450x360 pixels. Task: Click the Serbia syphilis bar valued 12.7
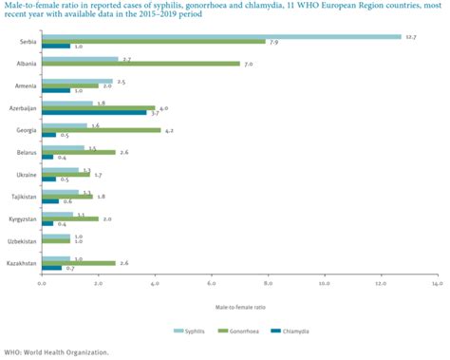[x=220, y=37]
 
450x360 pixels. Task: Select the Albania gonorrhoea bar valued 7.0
[x=141, y=64]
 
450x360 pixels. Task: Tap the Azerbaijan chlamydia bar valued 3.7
[x=93, y=112]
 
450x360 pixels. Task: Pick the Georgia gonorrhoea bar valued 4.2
[x=101, y=129]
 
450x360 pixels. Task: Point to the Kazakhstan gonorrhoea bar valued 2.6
[x=78, y=263]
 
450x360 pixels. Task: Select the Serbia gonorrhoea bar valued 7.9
[x=153, y=42]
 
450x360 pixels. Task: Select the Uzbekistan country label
[x=23, y=241]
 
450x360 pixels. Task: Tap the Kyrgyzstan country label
[x=22, y=218]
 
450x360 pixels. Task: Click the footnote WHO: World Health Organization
[x=56, y=351]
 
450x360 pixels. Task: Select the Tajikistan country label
[x=23, y=197]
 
